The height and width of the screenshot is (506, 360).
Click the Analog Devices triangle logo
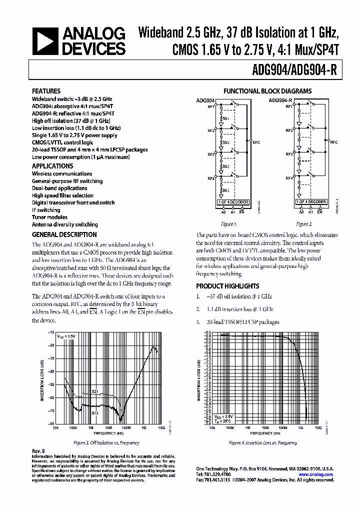[43, 41]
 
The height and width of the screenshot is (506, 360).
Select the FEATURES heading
[46, 91]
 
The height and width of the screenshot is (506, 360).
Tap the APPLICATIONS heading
[52, 166]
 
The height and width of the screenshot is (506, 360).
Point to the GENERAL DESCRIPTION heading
[64, 234]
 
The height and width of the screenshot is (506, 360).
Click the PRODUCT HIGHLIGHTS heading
[227, 286]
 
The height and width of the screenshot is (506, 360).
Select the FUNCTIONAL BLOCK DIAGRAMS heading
[267, 91]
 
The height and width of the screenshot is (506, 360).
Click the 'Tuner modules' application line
[49, 217]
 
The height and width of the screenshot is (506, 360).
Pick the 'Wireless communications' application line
[62, 174]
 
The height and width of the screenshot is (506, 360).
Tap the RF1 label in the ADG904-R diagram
[289, 106]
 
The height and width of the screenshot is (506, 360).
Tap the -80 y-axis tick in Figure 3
[50, 423]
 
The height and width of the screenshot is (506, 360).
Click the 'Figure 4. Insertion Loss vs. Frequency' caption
[263, 443]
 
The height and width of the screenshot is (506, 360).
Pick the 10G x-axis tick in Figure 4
[318, 428]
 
